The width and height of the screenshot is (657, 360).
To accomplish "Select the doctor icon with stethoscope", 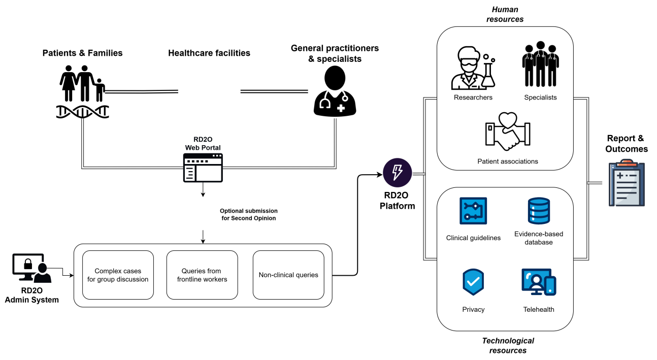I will click(335, 91).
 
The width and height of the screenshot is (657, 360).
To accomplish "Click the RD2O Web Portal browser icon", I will click(203, 168).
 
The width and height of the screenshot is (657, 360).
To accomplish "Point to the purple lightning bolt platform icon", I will click(397, 173).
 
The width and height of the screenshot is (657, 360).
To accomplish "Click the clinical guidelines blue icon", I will click(473, 211).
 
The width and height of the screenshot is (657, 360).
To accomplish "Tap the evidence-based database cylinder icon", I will click(539, 211).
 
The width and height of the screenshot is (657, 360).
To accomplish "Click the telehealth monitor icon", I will click(539, 282).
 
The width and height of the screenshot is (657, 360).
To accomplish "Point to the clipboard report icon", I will click(627, 183).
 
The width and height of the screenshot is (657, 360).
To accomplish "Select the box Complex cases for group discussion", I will click(118, 275).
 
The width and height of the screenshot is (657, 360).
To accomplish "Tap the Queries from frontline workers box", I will click(202, 275).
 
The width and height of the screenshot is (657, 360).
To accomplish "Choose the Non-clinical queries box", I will click(288, 275).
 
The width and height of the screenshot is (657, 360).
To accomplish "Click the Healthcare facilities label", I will click(209, 53).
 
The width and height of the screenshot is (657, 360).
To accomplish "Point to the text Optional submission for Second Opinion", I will click(249, 214).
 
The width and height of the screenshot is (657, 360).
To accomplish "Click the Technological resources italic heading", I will click(508, 345).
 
